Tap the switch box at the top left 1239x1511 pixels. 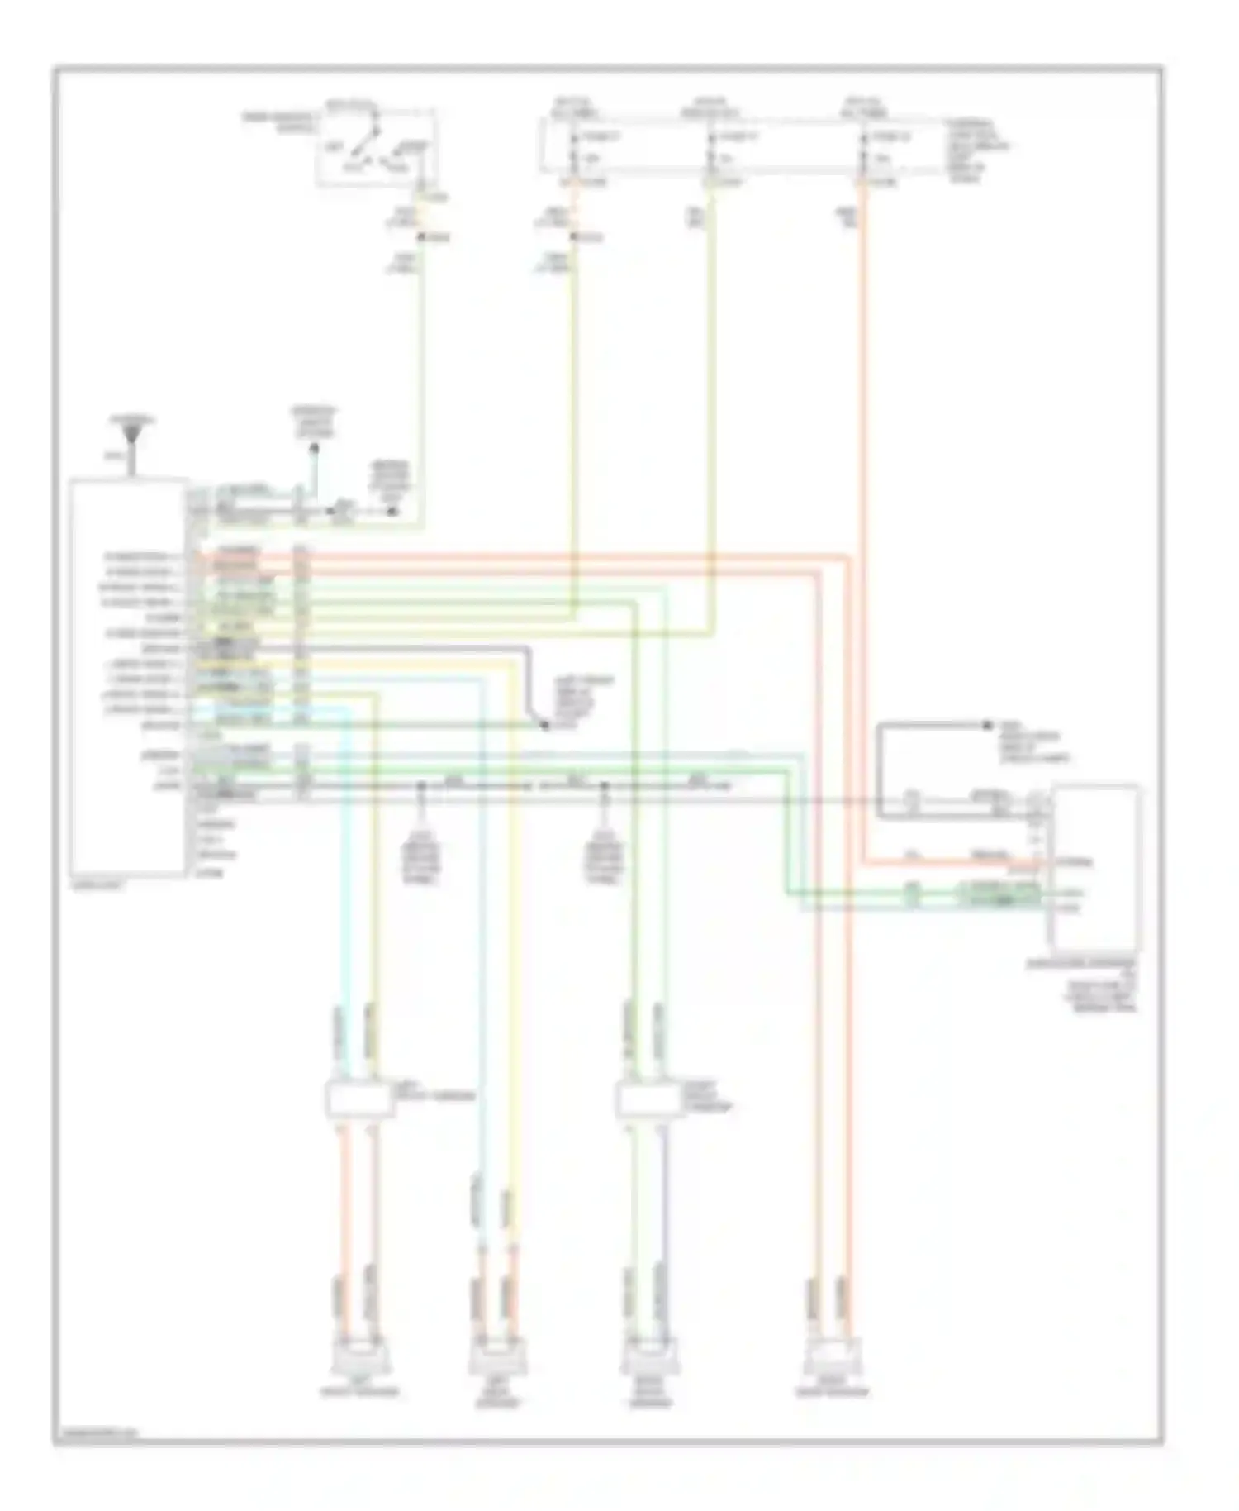(x=375, y=147)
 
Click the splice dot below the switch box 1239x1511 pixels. (x=421, y=238)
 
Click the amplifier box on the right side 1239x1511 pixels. (x=1095, y=868)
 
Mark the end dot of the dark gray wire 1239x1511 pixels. (x=544, y=725)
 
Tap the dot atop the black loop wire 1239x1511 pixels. (x=986, y=725)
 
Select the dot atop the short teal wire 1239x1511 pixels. (x=314, y=449)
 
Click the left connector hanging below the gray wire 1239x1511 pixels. (x=421, y=860)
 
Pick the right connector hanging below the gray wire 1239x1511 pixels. (x=604, y=860)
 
